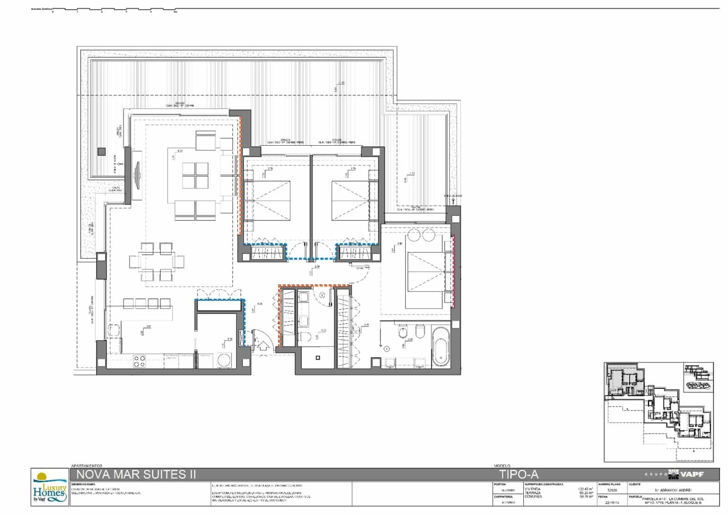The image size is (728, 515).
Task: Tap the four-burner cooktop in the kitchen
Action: click(x=140, y=361)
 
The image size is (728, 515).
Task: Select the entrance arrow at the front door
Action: click(x=263, y=346)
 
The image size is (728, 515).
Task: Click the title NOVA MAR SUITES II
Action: click(x=133, y=474)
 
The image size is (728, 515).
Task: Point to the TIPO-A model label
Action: click(x=516, y=474)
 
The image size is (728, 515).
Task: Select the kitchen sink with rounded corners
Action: click(x=114, y=332)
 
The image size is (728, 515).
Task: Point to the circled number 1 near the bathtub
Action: click(x=387, y=349)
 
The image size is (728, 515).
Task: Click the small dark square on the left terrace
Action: click(x=101, y=152)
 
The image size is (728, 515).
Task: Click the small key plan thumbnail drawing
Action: click(x=658, y=412)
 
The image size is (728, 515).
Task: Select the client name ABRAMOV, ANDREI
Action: click(x=673, y=490)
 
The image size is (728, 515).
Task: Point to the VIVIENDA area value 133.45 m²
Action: click(x=585, y=489)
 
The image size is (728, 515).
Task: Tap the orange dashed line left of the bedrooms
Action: click(x=240, y=175)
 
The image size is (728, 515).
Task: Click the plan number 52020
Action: click(x=613, y=490)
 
